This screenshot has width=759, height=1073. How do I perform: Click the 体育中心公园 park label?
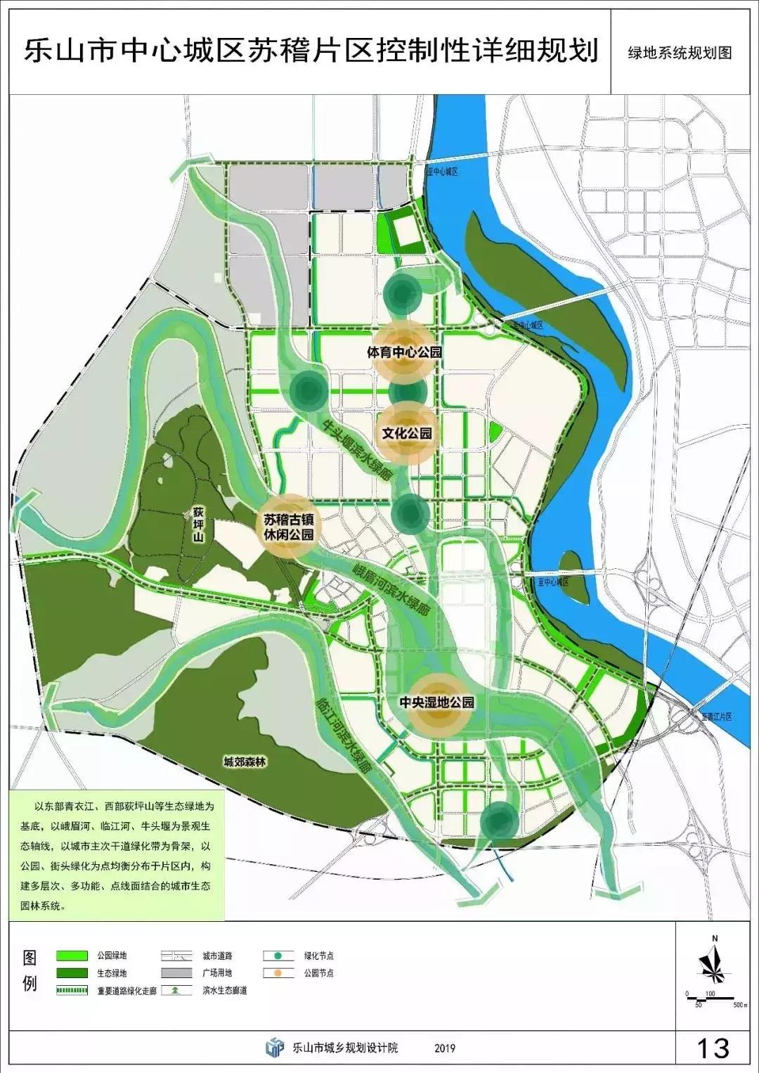[405, 352]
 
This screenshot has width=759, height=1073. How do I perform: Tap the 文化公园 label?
[407, 433]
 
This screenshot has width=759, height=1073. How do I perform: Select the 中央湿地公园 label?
[437, 702]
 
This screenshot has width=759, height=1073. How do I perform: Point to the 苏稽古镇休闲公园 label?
[289, 527]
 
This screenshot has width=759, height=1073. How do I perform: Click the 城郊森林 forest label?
[246, 762]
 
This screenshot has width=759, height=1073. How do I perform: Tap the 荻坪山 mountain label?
[198, 525]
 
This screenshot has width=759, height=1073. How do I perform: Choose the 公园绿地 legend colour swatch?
[72, 956]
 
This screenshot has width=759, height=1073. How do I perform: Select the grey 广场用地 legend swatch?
[176, 973]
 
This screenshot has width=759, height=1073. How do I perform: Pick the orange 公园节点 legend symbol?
[278, 973]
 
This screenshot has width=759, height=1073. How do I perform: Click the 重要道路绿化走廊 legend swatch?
[72, 990]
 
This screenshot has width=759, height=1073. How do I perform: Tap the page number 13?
[713, 1048]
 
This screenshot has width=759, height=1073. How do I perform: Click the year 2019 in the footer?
[445, 1048]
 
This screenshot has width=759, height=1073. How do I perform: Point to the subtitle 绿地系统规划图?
[680, 53]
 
